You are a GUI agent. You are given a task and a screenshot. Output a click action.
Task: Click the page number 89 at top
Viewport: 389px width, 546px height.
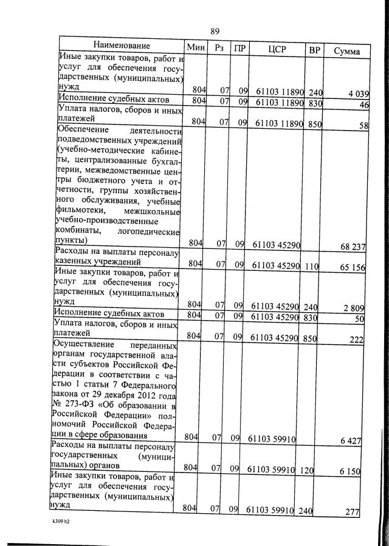click(215, 32)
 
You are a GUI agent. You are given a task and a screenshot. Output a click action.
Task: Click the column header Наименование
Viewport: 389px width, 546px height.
click(122, 47)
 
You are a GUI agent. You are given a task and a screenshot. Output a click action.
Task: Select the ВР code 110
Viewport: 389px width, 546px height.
click(311, 265)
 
